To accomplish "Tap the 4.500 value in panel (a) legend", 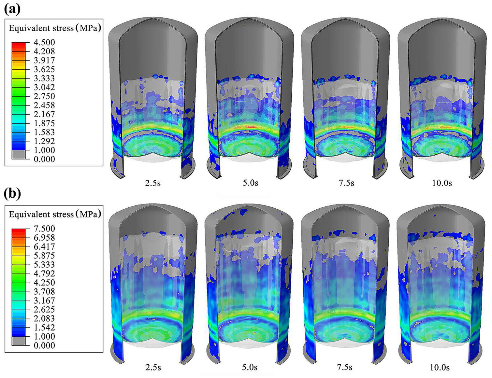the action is click(44, 42).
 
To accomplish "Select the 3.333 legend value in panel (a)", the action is click(44, 78).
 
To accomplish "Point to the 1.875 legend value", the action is click(44, 123).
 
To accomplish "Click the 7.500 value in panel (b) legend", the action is click(44, 229).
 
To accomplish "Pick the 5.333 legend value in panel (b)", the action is click(44, 264).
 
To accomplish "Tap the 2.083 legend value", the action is click(44, 318).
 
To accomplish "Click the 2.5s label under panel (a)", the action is click(153, 183).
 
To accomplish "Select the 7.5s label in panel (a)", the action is click(346, 183).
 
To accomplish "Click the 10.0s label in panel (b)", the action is click(440, 367).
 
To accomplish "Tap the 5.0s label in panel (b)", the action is click(250, 367).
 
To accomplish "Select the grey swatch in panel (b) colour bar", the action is click(19, 341).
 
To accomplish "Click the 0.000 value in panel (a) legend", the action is click(44, 159).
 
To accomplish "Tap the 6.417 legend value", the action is click(44, 246).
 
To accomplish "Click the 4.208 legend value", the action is click(44, 51).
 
